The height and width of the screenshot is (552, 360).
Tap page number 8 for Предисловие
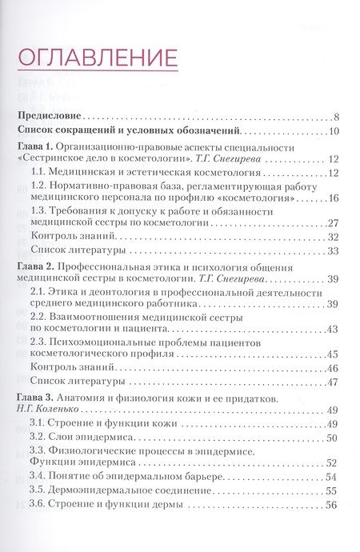(338, 116)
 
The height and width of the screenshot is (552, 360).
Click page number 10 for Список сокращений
(334, 132)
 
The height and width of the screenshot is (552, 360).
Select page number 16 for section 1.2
(334, 198)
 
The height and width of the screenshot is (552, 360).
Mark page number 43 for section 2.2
(334, 329)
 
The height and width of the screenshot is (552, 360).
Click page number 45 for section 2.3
(334, 354)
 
